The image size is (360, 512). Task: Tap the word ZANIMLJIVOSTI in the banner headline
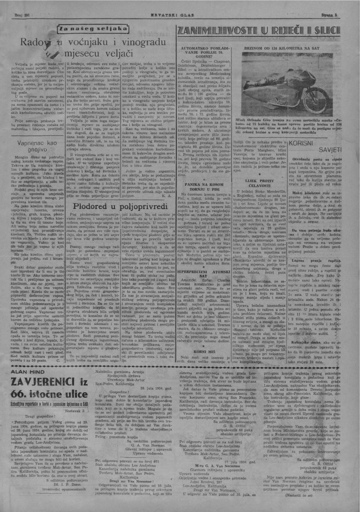click(216, 31)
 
